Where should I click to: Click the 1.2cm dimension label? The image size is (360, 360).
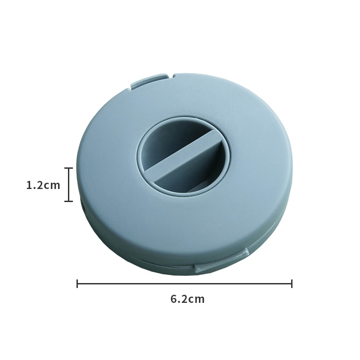point(43,185)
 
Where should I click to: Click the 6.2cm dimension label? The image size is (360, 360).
point(187,299)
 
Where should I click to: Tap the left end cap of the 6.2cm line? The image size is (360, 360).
point(77,283)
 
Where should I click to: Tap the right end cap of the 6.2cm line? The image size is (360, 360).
point(292,283)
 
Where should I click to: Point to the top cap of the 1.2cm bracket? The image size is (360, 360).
point(68,168)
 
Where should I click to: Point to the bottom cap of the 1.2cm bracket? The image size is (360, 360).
point(68,201)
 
